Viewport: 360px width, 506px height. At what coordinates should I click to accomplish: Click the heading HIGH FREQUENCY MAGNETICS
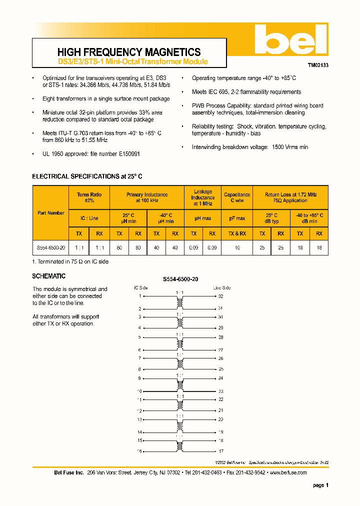[x=129, y=52]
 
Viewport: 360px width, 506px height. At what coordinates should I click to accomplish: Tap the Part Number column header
[x=51, y=212]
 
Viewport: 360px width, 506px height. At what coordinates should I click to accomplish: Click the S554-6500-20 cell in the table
[x=51, y=247]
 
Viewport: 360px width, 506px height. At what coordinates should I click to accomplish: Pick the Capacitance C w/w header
[x=237, y=197]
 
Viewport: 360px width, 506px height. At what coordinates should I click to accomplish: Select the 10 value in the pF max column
[x=237, y=247]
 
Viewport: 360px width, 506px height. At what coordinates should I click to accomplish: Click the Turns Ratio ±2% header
[x=89, y=197]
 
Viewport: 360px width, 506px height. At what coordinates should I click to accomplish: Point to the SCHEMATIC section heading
[x=48, y=276]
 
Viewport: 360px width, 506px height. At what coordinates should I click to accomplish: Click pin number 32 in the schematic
[x=220, y=296]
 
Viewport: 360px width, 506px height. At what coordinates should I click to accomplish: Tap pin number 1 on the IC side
[x=140, y=296]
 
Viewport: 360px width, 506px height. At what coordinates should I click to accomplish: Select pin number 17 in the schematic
[x=220, y=451]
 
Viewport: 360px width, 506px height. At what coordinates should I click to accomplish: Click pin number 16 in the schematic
[x=139, y=451]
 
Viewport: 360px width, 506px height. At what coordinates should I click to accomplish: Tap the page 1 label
[x=320, y=485]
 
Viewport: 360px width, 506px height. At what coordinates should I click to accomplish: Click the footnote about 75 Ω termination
[x=70, y=261]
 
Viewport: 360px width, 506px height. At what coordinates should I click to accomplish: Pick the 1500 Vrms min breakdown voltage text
[x=290, y=147]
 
